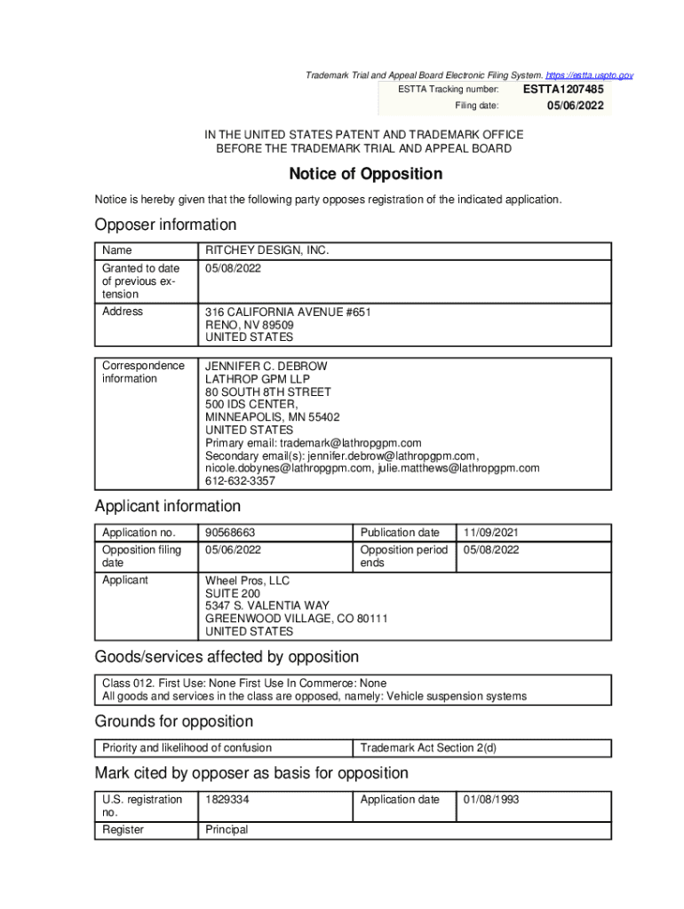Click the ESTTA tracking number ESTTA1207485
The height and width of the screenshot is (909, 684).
(563, 89)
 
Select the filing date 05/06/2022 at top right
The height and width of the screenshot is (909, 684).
(575, 106)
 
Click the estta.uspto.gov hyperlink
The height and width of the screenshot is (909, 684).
(589, 76)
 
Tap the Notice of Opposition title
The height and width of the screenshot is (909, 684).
(365, 174)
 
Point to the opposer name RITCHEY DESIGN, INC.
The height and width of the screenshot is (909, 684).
(267, 251)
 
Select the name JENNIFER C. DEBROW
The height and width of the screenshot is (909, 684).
(266, 367)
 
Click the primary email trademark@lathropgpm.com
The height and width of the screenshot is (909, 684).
(350, 443)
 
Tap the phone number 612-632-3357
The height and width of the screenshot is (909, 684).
(241, 481)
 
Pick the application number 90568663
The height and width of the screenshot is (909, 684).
(230, 533)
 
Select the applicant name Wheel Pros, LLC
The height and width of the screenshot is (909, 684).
(248, 581)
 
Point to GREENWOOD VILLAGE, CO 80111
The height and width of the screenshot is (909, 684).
(297, 619)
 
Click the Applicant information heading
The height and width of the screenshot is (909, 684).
(168, 506)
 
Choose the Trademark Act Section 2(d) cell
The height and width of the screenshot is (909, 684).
(428, 747)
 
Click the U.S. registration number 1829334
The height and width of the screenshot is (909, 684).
(227, 800)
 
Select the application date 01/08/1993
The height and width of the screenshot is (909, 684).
(491, 800)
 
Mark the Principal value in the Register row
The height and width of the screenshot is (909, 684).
(227, 830)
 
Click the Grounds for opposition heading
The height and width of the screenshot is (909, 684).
(174, 721)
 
